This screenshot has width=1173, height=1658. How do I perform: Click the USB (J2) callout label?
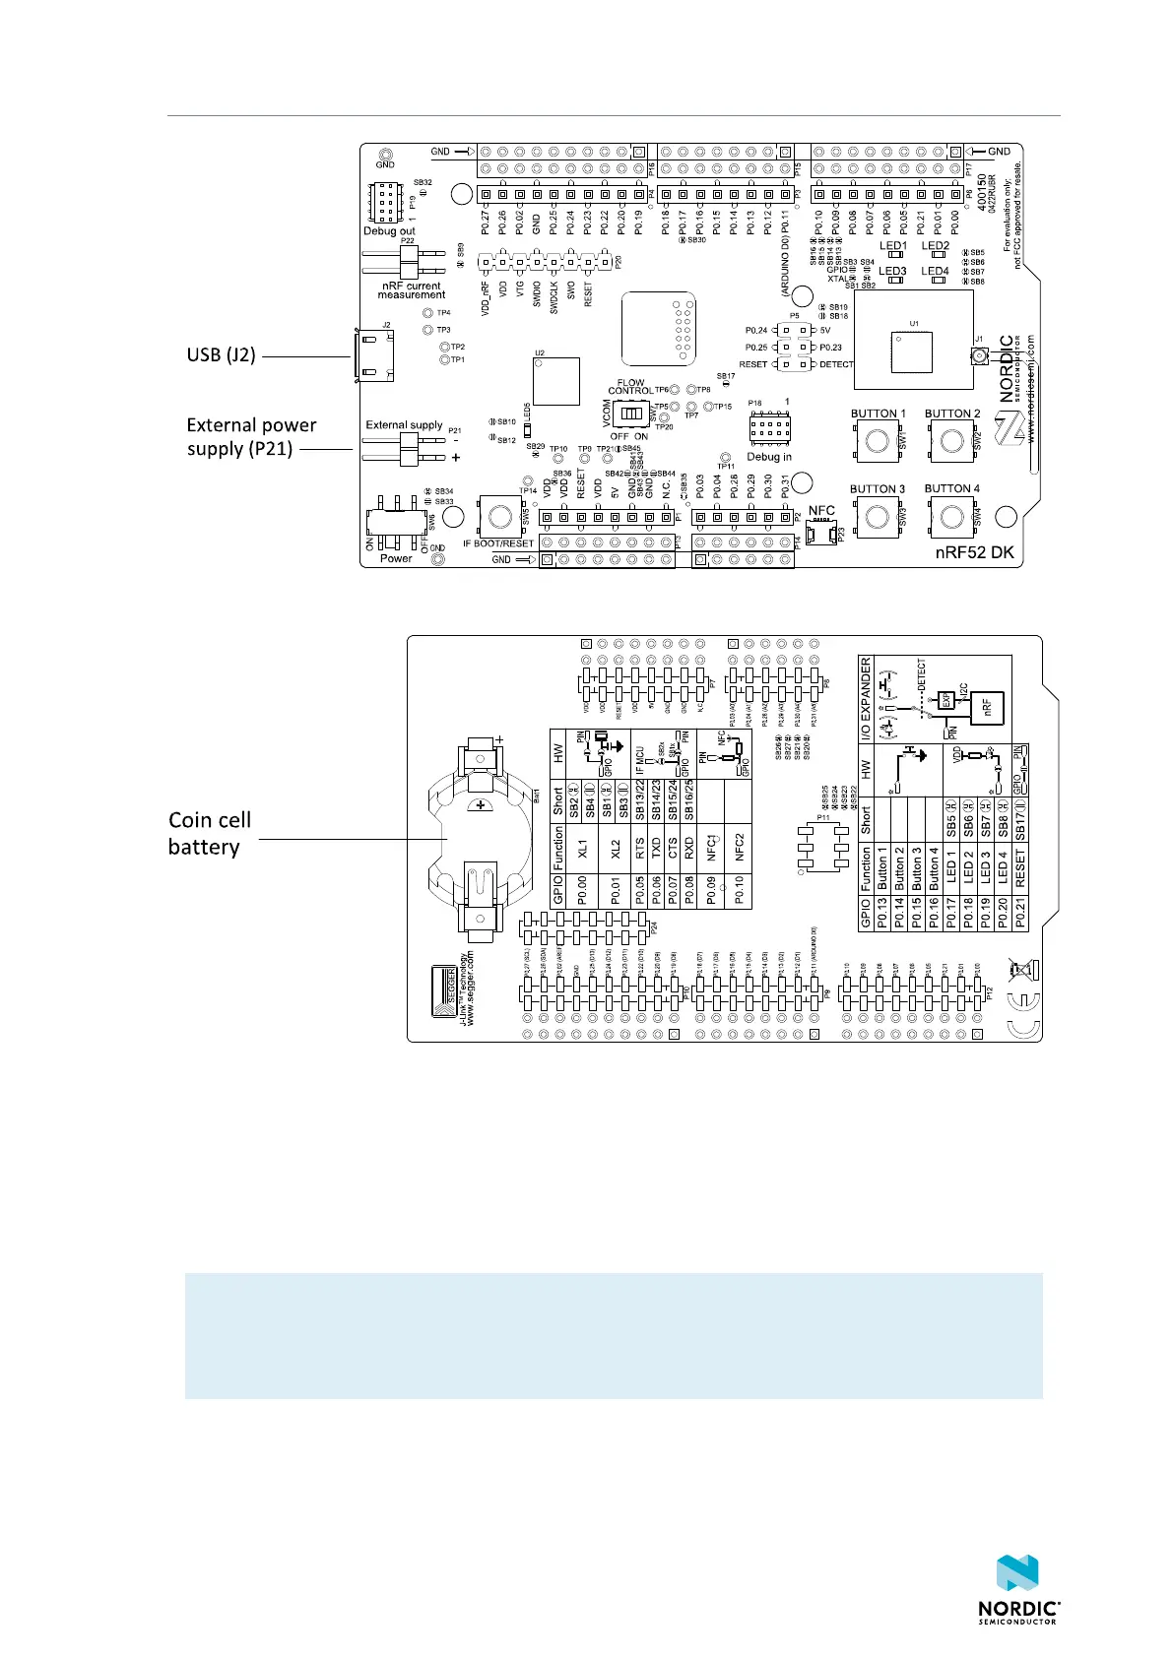tap(221, 355)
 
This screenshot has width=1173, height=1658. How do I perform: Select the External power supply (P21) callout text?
tap(251, 437)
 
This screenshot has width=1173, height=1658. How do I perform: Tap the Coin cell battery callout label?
tap(209, 833)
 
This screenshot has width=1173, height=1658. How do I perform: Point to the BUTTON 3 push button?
tap(877, 516)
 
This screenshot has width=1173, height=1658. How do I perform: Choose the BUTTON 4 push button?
tap(951, 516)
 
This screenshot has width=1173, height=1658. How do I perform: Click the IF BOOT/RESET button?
tap(499, 516)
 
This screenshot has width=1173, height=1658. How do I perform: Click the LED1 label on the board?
tap(892, 246)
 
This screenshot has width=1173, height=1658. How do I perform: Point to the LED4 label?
tap(935, 271)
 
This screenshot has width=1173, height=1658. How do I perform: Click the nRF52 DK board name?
tap(974, 554)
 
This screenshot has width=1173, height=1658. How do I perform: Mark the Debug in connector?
tap(769, 429)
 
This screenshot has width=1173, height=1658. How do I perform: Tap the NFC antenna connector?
tap(821, 533)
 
